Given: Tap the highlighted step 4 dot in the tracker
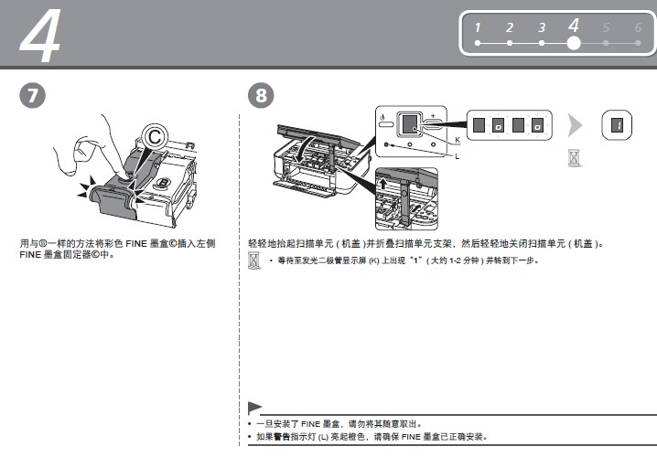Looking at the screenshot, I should (x=574, y=42).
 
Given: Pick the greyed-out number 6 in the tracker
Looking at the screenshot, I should (x=637, y=28).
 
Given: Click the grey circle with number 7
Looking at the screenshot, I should (x=30, y=95).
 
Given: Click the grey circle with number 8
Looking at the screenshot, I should (x=260, y=95).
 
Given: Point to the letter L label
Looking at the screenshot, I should (x=457, y=156).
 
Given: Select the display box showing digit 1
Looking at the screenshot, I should (x=617, y=124).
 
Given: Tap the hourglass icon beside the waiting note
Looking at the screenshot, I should (x=254, y=262).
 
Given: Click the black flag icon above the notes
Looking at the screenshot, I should (x=255, y=408).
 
